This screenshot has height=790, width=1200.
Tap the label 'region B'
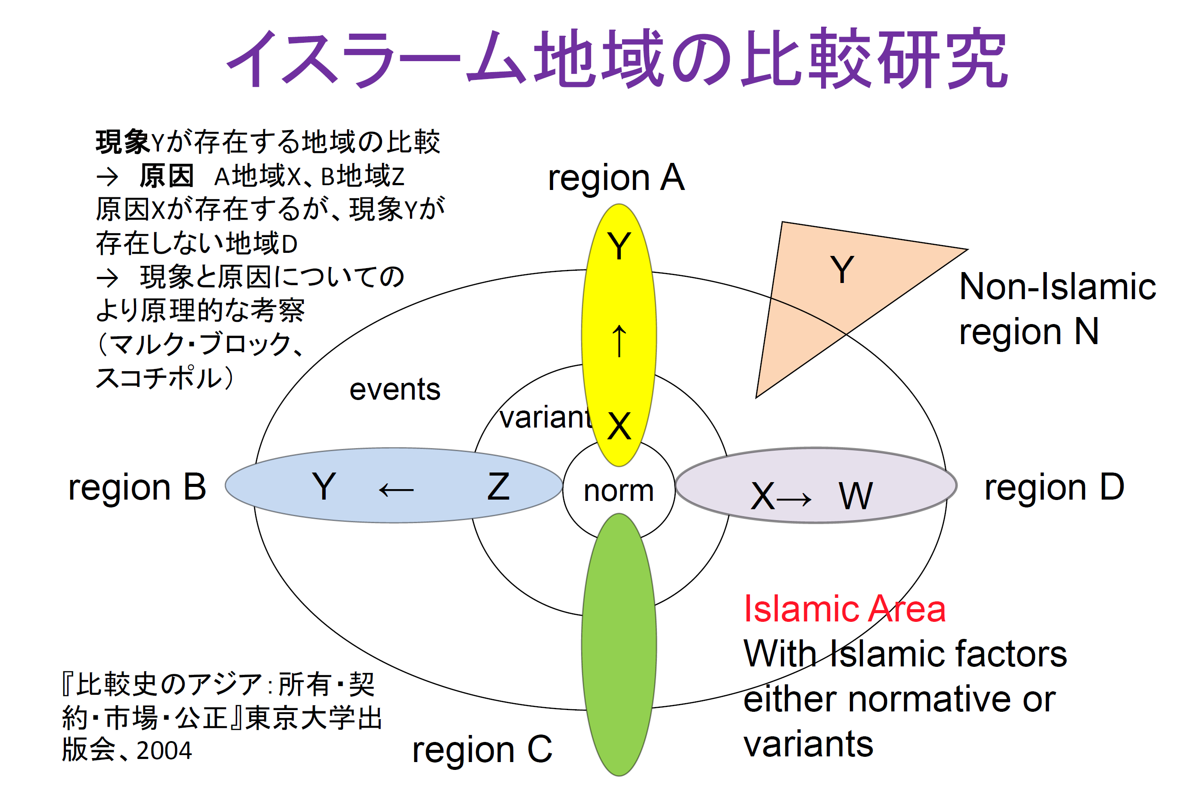click(x=137, y=488)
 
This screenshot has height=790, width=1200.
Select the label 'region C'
click(x=482, y=750)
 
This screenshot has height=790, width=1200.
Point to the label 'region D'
click(x=1054, y=488)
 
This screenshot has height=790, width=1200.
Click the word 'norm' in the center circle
click(x=619, y=491)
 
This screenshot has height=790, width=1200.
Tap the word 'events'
click(x=395, y=390)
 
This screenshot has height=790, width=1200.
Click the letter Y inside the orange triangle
click(x=842, y=270)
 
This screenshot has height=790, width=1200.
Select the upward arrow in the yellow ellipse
click(x=619, y=341)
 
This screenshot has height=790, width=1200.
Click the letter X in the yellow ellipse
click(x=619, y=426)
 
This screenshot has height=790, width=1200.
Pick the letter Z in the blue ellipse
click(x=498, y=487)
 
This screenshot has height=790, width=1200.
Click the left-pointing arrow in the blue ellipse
click(x=396, y=490)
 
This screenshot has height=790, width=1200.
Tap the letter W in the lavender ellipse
click(x=855, y=496)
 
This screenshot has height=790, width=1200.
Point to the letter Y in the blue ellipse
click(x=324, y=487)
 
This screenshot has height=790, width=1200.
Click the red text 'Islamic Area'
click(x=845, y=609)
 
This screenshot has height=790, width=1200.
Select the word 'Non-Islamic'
click(x=1057, y=286)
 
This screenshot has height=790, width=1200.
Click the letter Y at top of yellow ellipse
click(x=619, y=246)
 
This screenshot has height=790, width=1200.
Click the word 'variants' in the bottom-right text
click(x=808, y=745)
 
